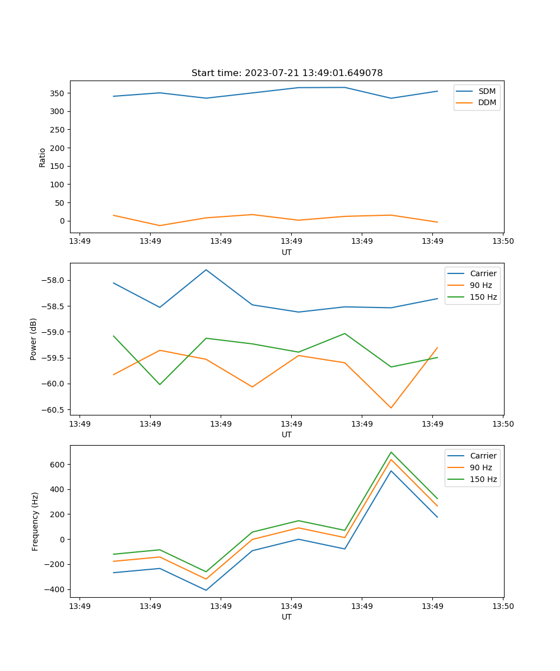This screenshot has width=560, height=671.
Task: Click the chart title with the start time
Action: click(x=287, y=73)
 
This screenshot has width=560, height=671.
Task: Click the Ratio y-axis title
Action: click(x=43, y=157)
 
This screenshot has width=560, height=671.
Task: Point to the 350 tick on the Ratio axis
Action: click(x=58, y=93)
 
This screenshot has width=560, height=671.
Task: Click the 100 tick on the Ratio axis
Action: click(x=58, y=185)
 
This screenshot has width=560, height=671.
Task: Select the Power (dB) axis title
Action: click(x=34, y=339)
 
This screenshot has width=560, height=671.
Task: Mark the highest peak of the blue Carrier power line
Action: click(x=206, y=270)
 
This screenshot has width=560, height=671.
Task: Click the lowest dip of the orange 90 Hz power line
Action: click(x=391, y=408)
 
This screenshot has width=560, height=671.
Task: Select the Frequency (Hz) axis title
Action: click(x=35, y=521)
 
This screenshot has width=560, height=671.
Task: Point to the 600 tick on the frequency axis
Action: click(x=58, y=465)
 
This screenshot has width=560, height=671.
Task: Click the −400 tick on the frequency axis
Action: click(x=56, y=589)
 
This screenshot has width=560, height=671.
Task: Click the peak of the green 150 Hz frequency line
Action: click(x=391, y=452)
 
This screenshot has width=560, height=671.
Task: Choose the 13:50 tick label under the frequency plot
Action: click(x=503, y=606)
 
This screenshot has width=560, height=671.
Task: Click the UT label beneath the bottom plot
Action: click(x=287, y=617)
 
